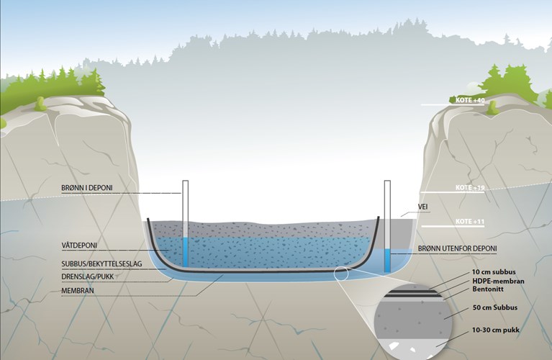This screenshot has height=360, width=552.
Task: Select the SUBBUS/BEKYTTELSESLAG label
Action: tap(102, 264)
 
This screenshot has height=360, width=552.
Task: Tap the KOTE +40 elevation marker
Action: tap(470, 100)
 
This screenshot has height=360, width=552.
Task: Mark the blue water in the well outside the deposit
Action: tap(387, 261)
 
